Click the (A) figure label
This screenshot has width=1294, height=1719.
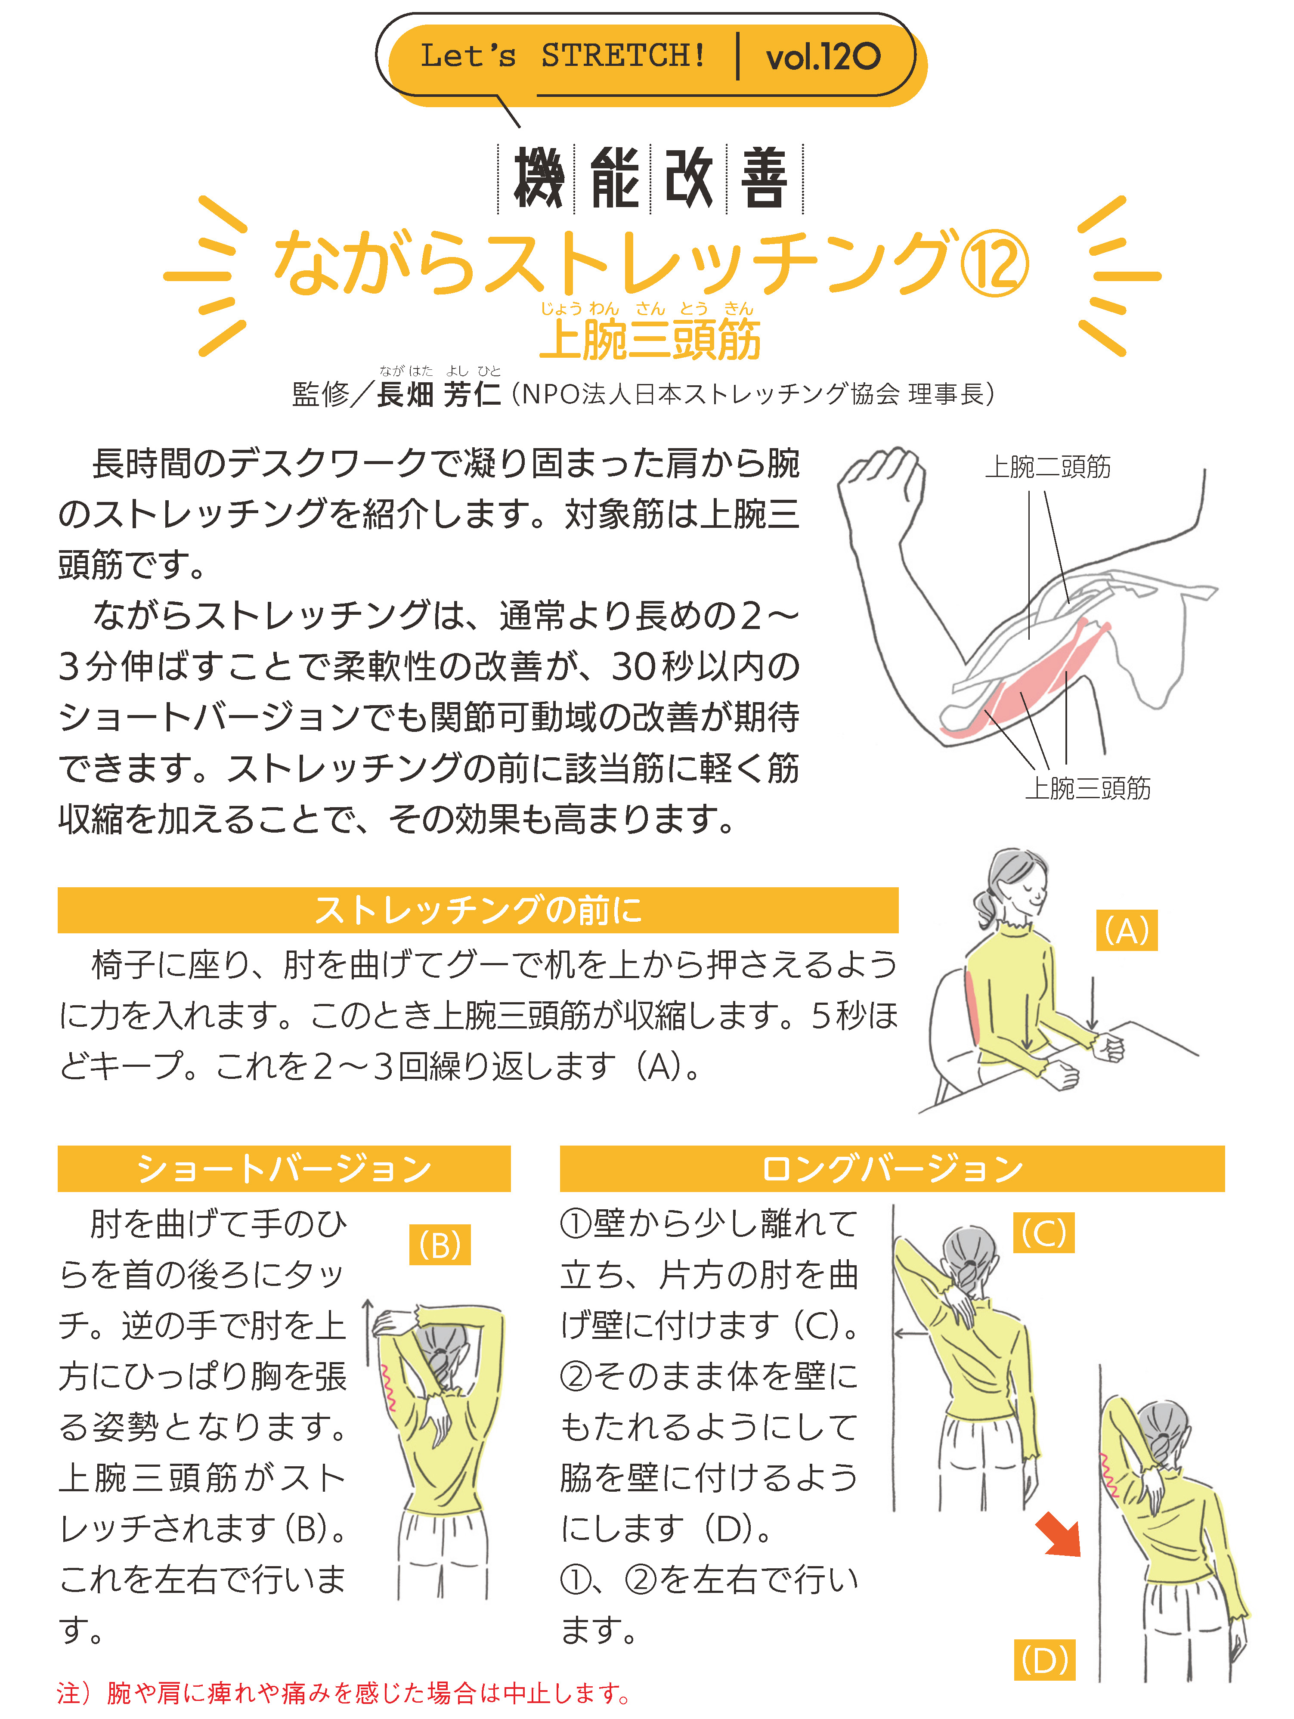(1127, 930)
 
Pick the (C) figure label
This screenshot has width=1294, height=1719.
(1044, 1233)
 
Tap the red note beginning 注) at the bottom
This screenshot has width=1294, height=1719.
(344, 1693)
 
